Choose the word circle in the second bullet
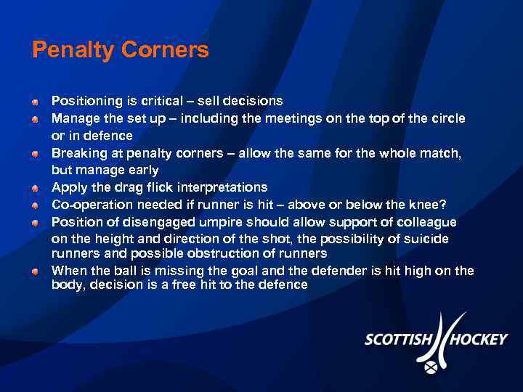(447, 118)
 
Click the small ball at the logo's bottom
(431, 368)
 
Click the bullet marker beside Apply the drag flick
(36, 187)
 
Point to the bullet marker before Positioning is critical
(36, 101)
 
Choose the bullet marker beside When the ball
(36, 271)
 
